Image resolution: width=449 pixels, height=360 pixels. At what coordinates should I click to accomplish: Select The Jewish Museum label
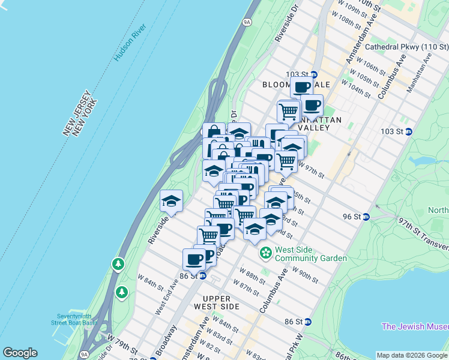click(x=415, y=326)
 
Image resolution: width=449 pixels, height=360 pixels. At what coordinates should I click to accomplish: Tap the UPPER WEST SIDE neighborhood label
click(x=221, y=302)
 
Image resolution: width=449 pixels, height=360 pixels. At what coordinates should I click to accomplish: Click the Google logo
click(x=20, y=353)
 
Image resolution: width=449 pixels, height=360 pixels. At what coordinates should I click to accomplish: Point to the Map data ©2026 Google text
click(x=411, y=355)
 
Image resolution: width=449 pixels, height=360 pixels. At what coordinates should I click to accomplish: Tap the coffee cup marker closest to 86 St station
click(x=194, y=260)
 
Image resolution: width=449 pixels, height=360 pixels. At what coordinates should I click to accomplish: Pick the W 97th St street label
click(x=311, y=171)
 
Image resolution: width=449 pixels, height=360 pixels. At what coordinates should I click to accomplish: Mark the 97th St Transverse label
click(x=423, y=233)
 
